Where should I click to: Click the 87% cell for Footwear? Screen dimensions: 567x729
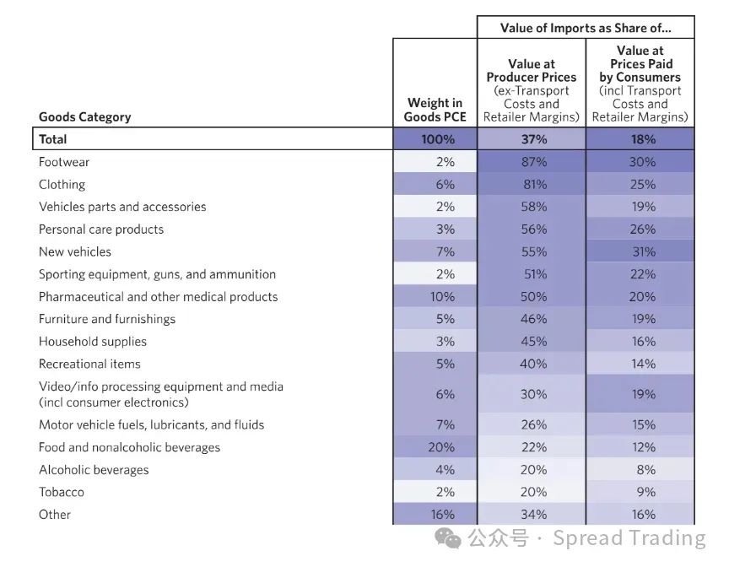(532, 162)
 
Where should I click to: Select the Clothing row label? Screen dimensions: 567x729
(62, 184)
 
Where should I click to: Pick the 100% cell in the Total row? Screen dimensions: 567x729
(435, 139)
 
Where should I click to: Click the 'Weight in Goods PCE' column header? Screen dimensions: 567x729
(435, 110)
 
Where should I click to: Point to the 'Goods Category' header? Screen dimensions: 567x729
(84, 117)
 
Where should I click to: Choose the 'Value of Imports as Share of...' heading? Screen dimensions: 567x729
(586, 28)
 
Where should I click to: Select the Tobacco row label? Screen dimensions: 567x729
(62, 492)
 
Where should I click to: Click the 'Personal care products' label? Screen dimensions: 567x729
(101, 229)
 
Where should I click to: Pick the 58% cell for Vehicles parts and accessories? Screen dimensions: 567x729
(532, 207)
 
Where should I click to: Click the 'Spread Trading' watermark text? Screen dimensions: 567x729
(629, 538)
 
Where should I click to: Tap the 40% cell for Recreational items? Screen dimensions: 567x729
(532, 364)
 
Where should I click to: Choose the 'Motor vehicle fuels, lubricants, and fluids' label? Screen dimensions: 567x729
(151, 424)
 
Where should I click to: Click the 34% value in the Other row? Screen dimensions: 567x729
(532, 515)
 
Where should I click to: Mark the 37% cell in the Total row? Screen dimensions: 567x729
(532, 139)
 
